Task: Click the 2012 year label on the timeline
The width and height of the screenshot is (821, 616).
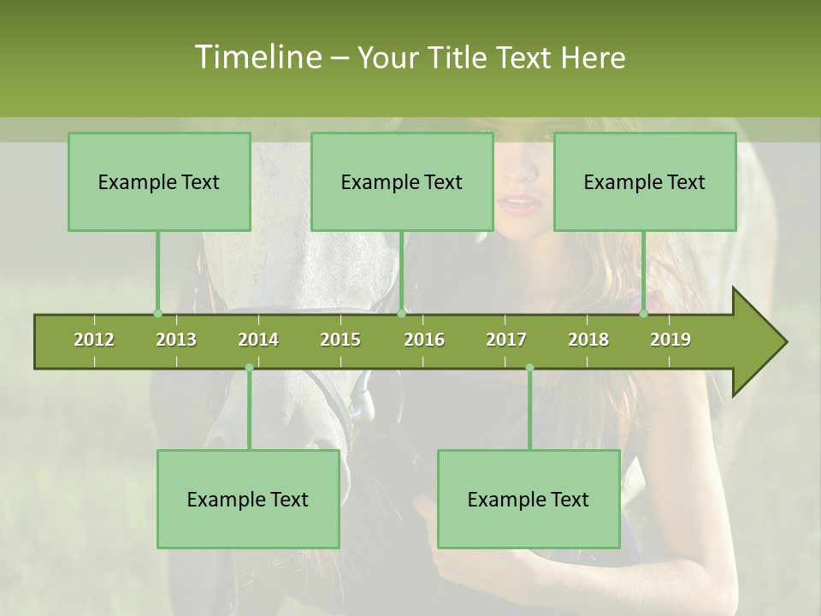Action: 94,340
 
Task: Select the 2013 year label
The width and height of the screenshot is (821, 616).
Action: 176,340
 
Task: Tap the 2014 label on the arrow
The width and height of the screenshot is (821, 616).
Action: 258,340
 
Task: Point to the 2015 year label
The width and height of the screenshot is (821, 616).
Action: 340,340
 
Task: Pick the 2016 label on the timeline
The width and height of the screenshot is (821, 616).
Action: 424,340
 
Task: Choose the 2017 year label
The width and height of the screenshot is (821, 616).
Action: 506,340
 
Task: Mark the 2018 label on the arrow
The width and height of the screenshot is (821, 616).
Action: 588,340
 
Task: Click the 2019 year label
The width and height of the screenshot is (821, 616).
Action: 670,340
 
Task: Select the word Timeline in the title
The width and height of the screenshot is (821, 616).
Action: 256,57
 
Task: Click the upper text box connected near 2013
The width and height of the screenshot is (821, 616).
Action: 159,181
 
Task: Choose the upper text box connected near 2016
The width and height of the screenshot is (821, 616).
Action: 402,181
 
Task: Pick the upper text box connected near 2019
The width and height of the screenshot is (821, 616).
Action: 645,181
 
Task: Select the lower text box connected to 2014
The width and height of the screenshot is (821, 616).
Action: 248,499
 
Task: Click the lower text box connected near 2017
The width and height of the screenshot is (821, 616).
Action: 529,499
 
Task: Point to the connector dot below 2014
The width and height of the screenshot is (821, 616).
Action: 249,368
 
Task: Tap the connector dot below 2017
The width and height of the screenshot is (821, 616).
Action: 529,368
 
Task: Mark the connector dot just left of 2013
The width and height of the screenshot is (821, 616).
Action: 157,313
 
